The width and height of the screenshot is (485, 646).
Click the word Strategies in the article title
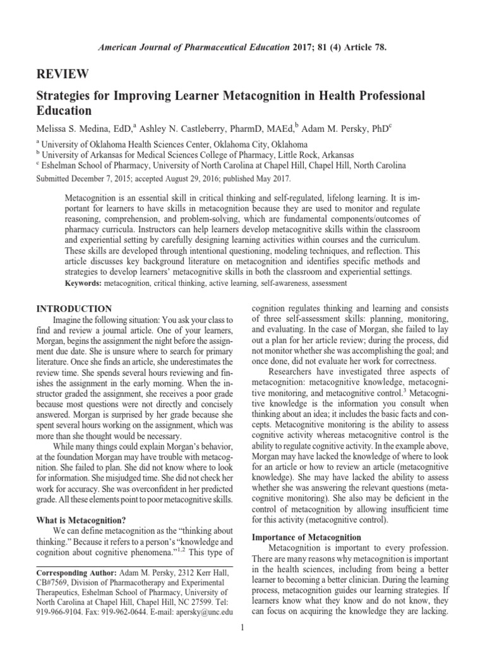click(x=67, y=96)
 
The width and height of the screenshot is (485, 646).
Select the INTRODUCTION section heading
click(x=74, y=308)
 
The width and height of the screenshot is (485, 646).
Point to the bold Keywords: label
click(x=84, y=284)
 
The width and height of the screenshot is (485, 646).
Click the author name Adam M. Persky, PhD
click(x=345, y=128)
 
